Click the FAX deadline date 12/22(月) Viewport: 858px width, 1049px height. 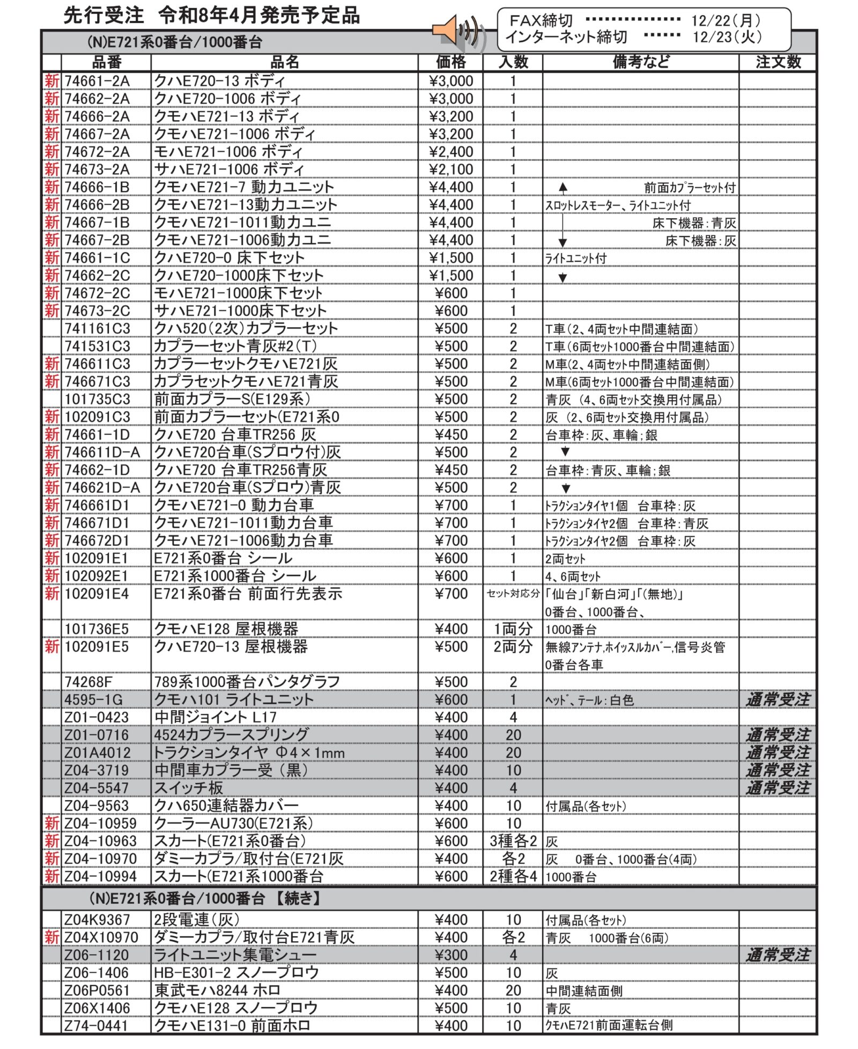tap(726, 20)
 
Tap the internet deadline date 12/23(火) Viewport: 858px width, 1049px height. tap(727, 36)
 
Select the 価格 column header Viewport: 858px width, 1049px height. tap(450, 62)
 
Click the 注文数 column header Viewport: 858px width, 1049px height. tap(778, 62)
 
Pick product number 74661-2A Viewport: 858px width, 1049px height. tap(97, 81)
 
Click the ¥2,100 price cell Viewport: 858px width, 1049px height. tap(450, 169)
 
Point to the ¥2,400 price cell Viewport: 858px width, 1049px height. tap(450, 152)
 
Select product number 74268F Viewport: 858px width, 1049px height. tap(88, 682)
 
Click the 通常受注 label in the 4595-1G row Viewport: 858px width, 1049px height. tap(778, 699)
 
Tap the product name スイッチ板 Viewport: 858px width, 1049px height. tap(188, 788)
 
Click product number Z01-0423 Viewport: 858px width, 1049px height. tap(97, 717)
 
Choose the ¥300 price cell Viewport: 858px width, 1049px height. tap(450, 955)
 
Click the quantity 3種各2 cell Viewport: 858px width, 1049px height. tap(513, 841)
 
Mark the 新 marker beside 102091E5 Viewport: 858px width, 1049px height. tap(51, 647)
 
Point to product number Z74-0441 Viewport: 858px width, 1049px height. tap(97, 1026)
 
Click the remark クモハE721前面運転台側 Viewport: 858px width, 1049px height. tap(609, 1026)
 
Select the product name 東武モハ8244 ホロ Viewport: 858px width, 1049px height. tap(217, 991)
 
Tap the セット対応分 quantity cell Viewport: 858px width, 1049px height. tap(513, 594)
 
